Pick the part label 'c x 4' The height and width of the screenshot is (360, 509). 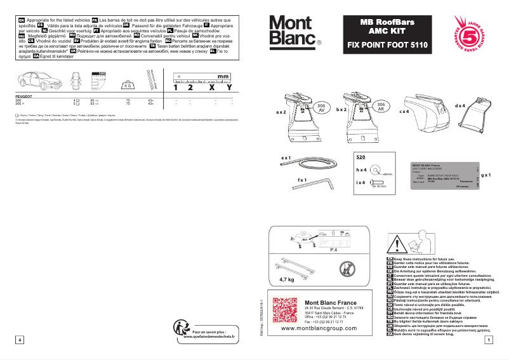coord(404,112)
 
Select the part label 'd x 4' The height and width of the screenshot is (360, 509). coord(459,105)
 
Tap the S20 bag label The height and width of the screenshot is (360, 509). coord(360,156)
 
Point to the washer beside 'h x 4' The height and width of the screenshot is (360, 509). coord(378,171)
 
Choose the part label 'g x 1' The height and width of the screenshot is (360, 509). coord(486,174)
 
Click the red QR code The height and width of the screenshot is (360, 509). coord(284,310)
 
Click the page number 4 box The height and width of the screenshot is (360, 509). coord(20,340)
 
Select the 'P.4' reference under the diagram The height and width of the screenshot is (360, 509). coord(334,251)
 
